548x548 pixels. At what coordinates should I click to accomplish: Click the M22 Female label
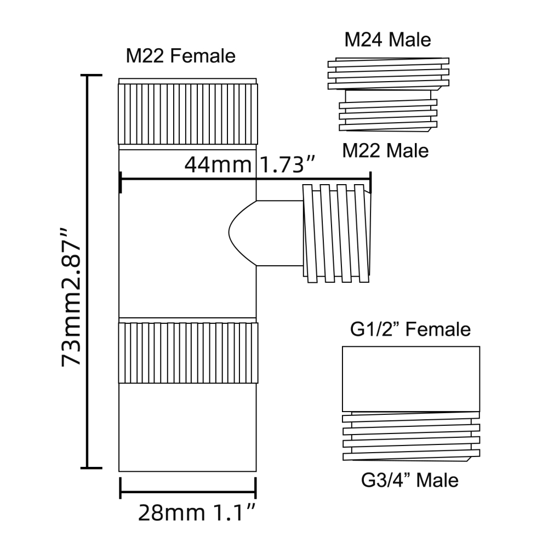tap(180, 56)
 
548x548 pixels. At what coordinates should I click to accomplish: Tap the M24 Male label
tap(387, 39)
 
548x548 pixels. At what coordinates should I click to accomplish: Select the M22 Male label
tap(385, 151)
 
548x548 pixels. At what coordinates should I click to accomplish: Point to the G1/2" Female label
tap(410, 329)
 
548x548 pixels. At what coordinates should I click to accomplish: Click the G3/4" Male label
tap(409, 480)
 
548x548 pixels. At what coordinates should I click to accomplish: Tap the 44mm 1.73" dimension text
tap(249, 164)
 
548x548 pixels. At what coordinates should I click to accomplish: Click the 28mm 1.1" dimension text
tap(197, 513)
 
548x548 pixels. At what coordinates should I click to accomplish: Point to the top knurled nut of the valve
tap(187, 111)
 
